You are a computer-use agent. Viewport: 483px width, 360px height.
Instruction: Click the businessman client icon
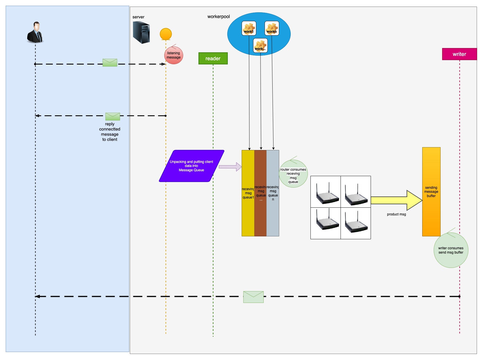[x=35, y=32]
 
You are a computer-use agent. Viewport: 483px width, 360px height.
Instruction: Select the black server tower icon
[x=141, y=32]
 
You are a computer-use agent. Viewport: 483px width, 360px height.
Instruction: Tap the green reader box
[x=213, y=59]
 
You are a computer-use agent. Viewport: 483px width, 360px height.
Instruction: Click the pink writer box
[x=459, y=54]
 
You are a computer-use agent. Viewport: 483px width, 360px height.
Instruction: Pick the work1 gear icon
[x=249, y=28]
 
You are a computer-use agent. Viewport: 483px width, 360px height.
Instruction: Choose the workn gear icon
[x=272, y=28]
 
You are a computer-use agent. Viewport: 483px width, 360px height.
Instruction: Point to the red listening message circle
[x=173, y=55]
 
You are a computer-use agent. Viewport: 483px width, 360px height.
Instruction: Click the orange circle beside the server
[x=166, y=34]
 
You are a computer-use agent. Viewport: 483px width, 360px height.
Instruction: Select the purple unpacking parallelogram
[x=191, y=166]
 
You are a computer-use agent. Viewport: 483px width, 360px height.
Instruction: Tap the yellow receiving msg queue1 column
[x=248, y=193]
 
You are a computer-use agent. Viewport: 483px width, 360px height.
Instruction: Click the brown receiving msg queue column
[x=261, y=193]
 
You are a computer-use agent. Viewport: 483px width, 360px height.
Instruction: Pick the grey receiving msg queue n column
[x=273, y=193]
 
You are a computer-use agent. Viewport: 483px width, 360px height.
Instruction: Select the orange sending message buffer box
[x=431, y=192]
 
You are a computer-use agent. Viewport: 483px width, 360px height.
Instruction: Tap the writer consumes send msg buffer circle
[x=451, y=250]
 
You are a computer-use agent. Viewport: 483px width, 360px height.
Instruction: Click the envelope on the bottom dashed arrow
[x=253, y=297]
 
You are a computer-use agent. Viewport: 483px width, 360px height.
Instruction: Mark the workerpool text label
[x=219, y=17]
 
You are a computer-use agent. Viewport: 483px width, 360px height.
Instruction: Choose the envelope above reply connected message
[x=113, y=116]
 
